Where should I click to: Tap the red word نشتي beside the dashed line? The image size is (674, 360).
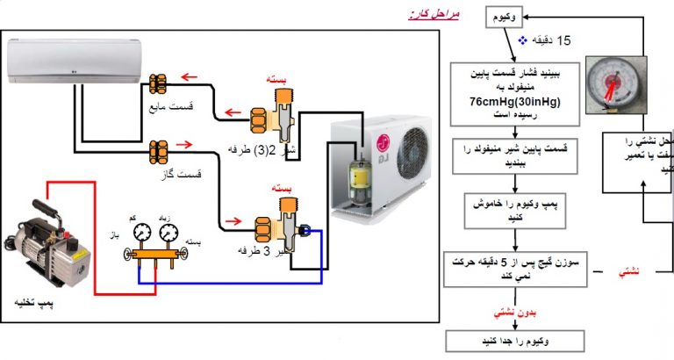pos(629,272)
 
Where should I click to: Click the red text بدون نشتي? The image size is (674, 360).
pos(505,311)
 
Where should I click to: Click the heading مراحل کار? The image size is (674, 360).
pos(434,15)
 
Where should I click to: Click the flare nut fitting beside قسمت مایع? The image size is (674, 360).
pos(159,84)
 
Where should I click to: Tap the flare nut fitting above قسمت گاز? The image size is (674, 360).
pos(159,148)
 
